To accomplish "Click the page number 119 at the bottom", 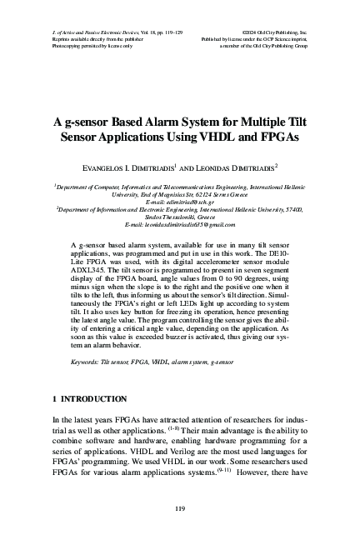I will click(180, 508).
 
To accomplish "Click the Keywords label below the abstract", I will click(87, 362).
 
